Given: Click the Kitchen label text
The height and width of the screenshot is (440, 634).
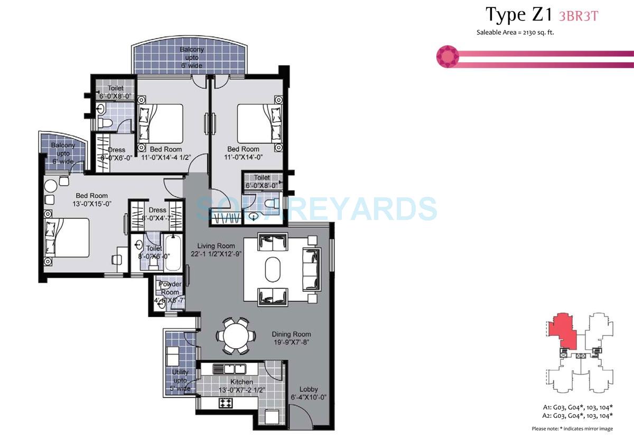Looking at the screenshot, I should (241, 381).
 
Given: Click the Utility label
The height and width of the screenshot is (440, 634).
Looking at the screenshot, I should (180, 372).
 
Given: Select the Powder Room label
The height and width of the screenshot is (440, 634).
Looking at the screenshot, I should (170, 289).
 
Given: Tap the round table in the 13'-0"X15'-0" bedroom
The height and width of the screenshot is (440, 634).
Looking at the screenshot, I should (50, 186).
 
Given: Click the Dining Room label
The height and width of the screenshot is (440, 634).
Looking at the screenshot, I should (291, 334).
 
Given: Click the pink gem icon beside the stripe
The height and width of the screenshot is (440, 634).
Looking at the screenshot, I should (447, 56).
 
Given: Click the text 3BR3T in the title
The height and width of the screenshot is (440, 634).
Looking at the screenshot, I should (579, 16).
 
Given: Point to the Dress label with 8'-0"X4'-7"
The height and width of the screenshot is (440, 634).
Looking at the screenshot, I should (157, 210).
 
